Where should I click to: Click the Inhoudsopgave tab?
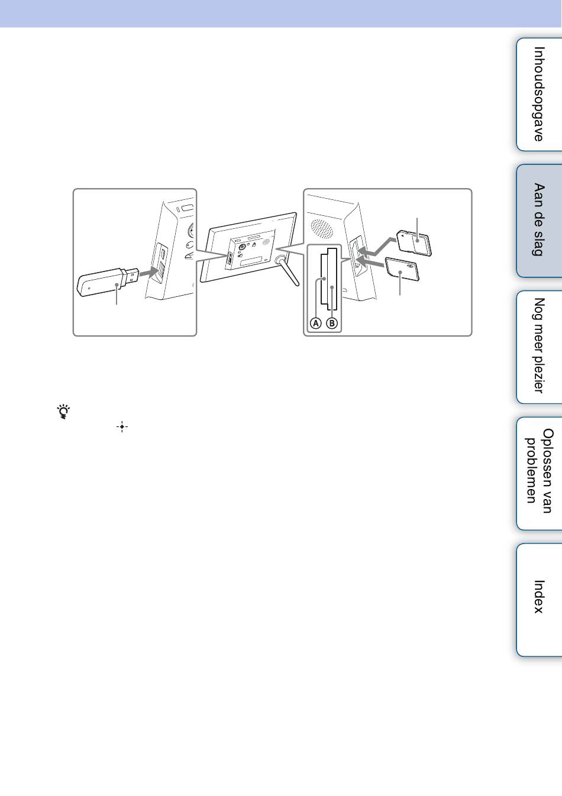pos(539,95)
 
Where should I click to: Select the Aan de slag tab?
pos(539,221)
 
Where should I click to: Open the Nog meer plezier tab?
pos(539,347)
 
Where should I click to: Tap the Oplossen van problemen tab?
pos(539,473)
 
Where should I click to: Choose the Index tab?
pos(539,599)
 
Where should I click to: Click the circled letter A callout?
pos(315,323)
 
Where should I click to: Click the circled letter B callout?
pos(332,323)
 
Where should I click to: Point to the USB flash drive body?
pos(99,283)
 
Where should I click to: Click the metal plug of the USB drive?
pos(131,276)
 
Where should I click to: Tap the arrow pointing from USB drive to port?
pos(148,273)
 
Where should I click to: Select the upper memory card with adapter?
pos(414,244)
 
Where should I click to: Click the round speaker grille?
pos(322,228)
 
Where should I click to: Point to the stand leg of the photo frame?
pos(289,271)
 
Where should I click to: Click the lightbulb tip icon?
pos(64,412)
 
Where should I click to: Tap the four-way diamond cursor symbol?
pos(122,426)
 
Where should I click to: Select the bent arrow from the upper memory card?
pos(377,247)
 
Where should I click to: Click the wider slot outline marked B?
pos(332,279)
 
